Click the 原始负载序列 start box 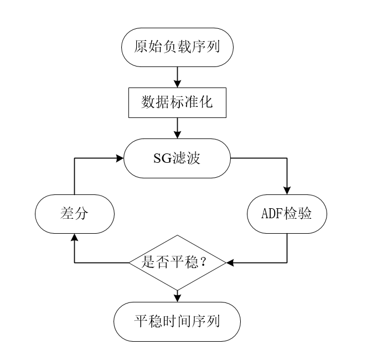point(177,47)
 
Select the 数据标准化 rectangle point(177,102)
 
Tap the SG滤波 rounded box point(177,158)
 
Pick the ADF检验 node point(287,214)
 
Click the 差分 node point(74,214)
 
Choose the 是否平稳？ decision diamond point(177,262)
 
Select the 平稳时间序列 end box point(177,321)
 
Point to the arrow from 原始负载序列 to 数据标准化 point(177,77)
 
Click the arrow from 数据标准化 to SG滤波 point(177,128)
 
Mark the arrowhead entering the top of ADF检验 point(287,191)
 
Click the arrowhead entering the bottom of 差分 point(74,238)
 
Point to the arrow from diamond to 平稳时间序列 point(177,296)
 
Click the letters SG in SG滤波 point(161,158)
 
